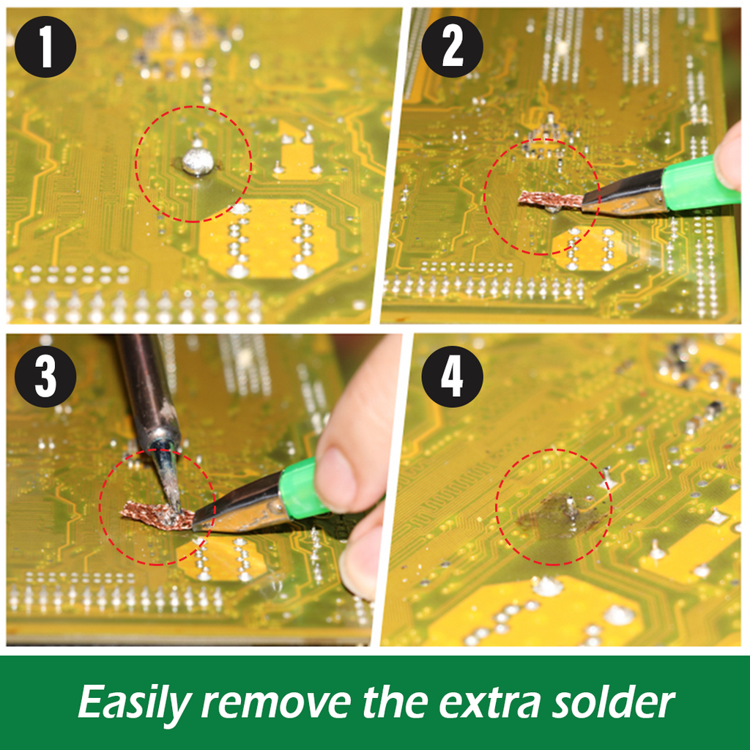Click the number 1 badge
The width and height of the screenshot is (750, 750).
pyautogui.click(x=45, y=46)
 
